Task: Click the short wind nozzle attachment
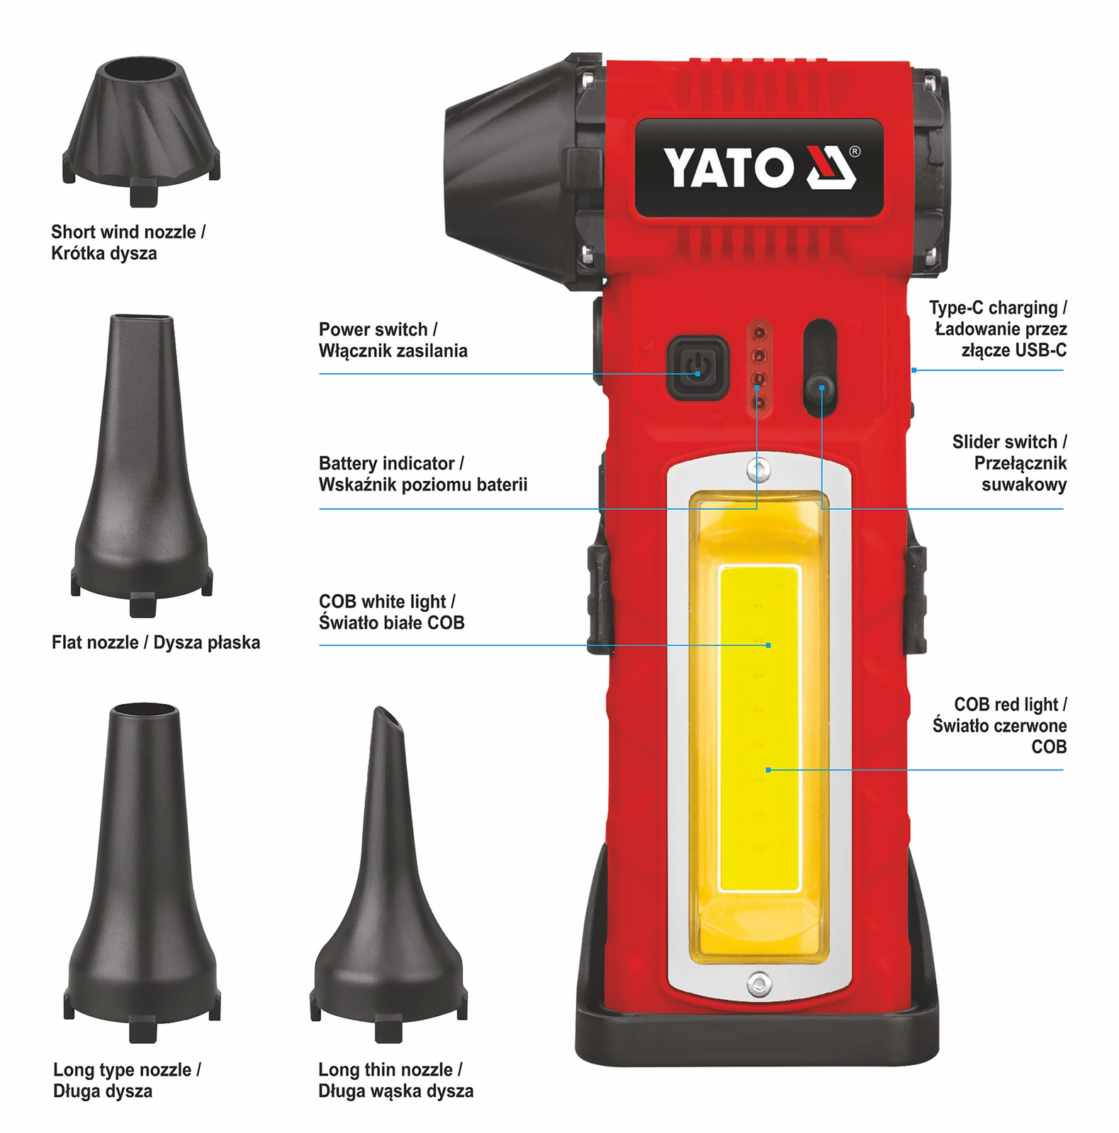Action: pos(142,131)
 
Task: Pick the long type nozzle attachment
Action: pos(142,871)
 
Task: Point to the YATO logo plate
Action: pos(759,168)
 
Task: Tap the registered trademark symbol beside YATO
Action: pos(854,152)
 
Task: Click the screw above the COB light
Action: pos(759,468)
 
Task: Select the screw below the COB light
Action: pos(759,983)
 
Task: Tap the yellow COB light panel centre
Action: pos(759,727)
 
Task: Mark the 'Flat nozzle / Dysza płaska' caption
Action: pos(156,642)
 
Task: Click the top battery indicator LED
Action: pos(759,331)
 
